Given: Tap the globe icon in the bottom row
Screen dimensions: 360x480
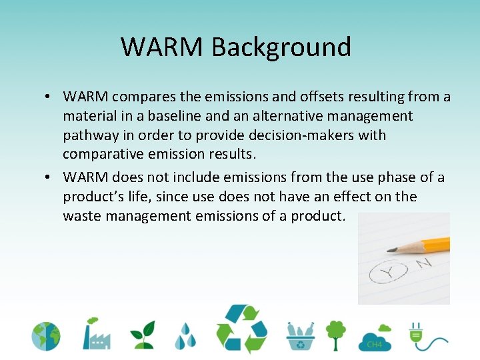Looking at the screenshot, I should pos(45,337).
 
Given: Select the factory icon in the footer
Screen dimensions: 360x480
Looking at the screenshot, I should pos(96,333).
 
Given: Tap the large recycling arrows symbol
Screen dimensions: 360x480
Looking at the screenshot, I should pos(241,329).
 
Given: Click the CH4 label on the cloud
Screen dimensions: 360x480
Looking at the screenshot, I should pos(375,345).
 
